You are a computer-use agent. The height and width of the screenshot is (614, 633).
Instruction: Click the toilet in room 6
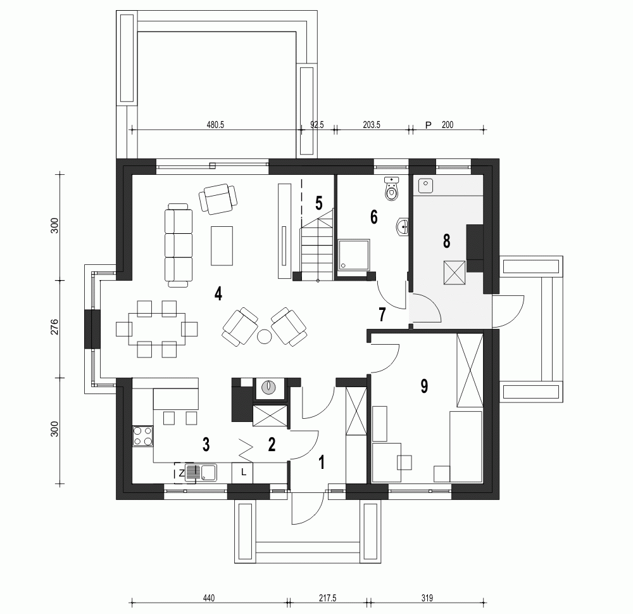coord(392,189)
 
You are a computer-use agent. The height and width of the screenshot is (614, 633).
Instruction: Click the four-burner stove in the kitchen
coord(143,435)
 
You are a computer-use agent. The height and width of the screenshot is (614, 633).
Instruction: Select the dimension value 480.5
coord(215,125)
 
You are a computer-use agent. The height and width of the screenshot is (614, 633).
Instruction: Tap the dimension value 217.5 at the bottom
coord(328,598)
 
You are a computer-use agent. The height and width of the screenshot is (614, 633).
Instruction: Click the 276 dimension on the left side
coord(55,328)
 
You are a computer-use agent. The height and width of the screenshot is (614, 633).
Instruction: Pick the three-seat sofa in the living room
coord(178,243)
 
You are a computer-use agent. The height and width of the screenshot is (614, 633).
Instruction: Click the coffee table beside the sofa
coord(222,245)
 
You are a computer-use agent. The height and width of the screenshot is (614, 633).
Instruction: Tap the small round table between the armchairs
coord(264,336)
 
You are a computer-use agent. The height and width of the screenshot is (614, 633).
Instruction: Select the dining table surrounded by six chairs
coord(157,328)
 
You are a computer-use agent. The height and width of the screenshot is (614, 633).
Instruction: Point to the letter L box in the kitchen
coord(243,471)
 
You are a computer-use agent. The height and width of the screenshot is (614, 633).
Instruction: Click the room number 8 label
coord(446,241)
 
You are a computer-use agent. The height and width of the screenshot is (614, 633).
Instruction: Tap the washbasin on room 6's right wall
coord(402,226)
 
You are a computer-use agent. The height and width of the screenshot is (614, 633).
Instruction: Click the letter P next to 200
coord(428,125)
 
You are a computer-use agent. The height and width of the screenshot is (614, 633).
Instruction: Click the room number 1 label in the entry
coord(322,462)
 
